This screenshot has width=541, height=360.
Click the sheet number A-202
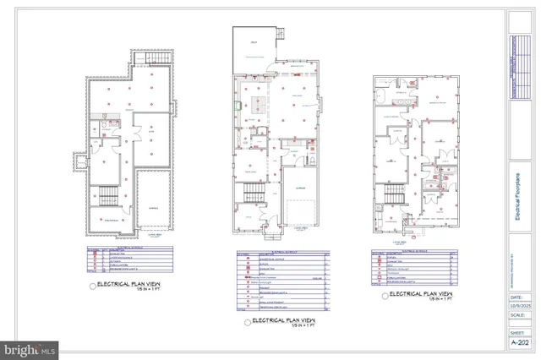point(522,343)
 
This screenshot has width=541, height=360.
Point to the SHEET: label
point(516,332)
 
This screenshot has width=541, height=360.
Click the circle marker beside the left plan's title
point(93,286)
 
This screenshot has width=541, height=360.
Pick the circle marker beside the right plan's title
point(383,296)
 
